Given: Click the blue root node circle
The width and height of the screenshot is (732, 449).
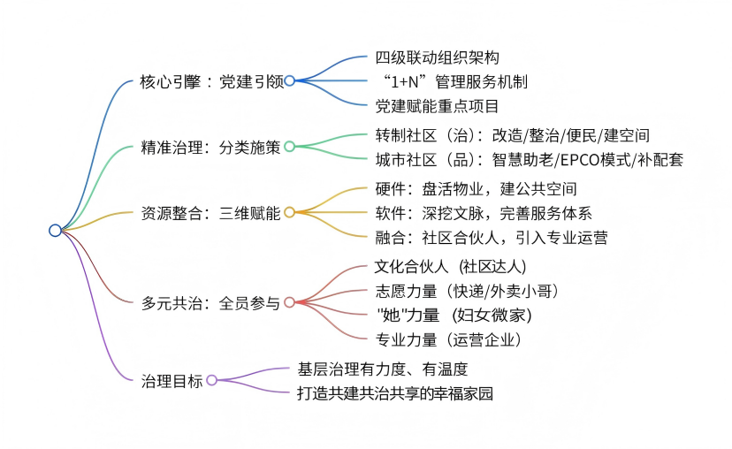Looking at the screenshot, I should tap(55, 231).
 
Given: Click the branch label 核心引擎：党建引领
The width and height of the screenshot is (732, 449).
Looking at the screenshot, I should tap(212, 80).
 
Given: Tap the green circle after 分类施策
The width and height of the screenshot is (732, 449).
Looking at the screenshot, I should tap(289, 147).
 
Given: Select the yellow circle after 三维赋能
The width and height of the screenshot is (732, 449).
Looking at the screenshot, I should tap(289, 212).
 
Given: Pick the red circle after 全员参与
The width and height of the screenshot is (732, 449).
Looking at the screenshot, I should tap(289, 303).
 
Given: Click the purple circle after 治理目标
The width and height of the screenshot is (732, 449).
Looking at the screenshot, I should tap(211, 381).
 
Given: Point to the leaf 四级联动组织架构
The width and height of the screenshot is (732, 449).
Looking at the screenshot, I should tap(437, 57).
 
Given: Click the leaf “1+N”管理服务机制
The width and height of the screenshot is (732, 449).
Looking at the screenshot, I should tap(452, 81).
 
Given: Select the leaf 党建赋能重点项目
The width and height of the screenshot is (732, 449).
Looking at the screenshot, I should tap(437, 105).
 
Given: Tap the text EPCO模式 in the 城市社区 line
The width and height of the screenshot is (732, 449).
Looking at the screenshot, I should tap(601, 159).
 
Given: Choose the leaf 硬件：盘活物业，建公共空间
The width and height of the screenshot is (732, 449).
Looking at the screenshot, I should tap(476, 189).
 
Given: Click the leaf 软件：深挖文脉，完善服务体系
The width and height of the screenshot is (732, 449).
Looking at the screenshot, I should tap(483, 213).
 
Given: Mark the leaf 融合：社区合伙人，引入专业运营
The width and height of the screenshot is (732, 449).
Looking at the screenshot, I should tap(491, 237).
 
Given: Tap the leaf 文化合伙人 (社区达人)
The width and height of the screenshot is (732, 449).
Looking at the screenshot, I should tap(451, 266).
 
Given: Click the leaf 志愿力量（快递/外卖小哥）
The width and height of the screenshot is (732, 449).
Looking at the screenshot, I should tap(466, 290).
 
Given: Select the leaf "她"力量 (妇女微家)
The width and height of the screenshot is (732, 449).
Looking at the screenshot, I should tap(453, 315).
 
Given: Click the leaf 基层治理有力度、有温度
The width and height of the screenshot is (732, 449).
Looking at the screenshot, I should tap(382, 369).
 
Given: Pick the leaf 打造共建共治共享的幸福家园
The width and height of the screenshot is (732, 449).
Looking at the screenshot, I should tap(394, 393).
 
